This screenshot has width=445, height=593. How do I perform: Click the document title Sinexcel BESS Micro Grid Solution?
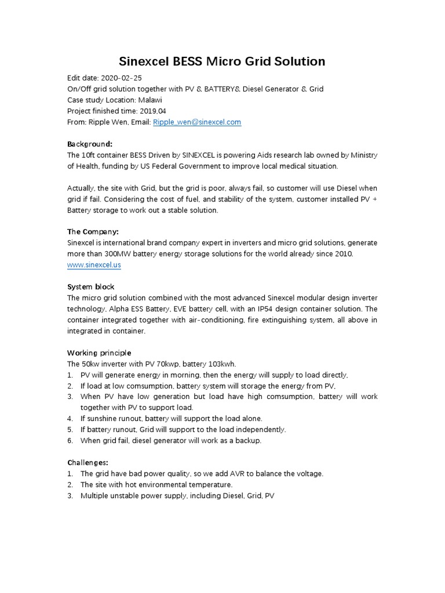(222, 61)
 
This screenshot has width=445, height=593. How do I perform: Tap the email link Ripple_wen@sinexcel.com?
(196, 122)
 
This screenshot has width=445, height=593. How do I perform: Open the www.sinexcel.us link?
(94, 265)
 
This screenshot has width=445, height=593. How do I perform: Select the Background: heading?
(89, 144)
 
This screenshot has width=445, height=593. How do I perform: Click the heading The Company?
(93, 232)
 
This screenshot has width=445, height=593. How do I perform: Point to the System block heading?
(90, 287)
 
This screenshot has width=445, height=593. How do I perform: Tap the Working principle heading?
(99, 353)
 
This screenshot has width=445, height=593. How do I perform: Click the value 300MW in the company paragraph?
(110, 254)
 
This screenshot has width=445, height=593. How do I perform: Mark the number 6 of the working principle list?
(70, 441)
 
